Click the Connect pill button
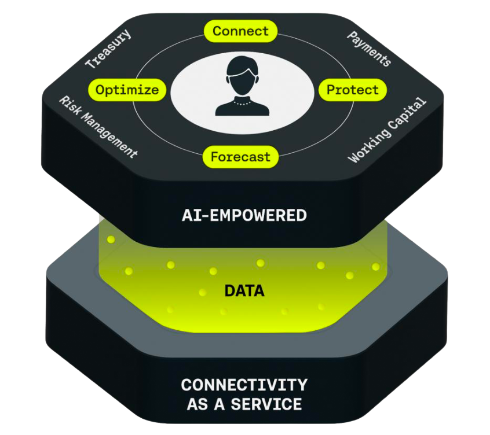[240, 31]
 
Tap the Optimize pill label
[127, 90]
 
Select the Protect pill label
[352, 90]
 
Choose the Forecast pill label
[240, 156]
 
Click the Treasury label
[108, 49]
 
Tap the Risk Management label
[99, 127]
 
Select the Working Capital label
[387, 130]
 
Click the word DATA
[244, 290]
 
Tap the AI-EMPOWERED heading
[244, 216]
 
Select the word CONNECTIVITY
[244, 385]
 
